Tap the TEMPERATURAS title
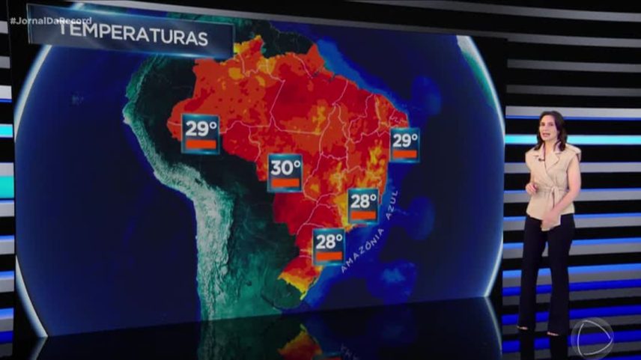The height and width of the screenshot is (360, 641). [x=133, y=38]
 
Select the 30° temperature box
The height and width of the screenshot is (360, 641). [x=285, y=173]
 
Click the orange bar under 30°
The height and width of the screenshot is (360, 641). [x=285, y=182]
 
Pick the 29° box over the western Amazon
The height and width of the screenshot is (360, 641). [x=201, y=133]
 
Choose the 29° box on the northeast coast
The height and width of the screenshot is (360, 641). [x=405, y=144]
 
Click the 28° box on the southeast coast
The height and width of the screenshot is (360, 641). [x=364, y=206]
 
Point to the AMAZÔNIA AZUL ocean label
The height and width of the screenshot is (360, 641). [x=372, y=234]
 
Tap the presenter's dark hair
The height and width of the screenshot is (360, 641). [x=558, y=123]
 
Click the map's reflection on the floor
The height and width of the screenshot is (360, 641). [x=300, y=341]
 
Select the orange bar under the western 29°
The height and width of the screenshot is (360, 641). [x=201, y=143]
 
